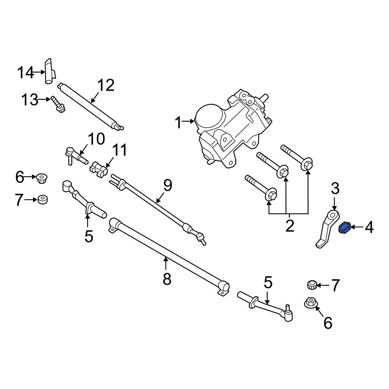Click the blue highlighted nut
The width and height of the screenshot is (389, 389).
pos(345,228)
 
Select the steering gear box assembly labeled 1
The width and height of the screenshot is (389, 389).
pos(230,128)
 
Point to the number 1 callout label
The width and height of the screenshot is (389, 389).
pos(178,123)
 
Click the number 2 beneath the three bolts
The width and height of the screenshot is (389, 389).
pos(289,226)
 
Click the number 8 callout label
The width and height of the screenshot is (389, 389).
pos(166,279)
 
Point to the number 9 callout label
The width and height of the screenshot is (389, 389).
pos(167,186)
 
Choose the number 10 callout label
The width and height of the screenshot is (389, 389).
pos(96,138)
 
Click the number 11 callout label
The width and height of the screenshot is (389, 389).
pos(119,150)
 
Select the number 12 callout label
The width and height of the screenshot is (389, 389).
pos(106,85)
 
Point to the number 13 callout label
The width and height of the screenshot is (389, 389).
pos(30,100)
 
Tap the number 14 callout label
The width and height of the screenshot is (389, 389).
pos(26,72)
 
